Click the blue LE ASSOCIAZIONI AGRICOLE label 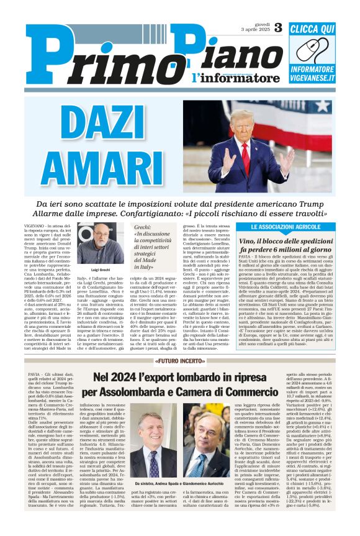click(x=287, y=227)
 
